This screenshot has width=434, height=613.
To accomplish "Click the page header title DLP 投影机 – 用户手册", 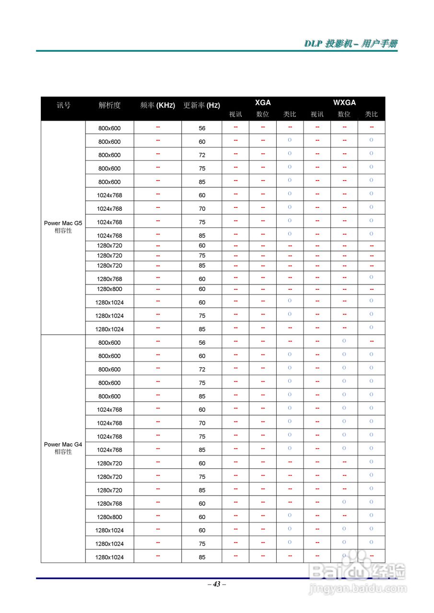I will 351,44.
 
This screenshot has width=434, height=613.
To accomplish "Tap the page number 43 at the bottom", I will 217,584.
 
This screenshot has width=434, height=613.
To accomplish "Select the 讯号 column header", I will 63,105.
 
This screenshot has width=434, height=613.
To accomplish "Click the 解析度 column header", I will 109,105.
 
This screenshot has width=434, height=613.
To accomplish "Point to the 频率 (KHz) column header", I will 157,105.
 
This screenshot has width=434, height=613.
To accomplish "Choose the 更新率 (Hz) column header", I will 201,105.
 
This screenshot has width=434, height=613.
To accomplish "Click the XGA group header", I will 263,102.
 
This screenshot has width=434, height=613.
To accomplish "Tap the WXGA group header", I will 344,102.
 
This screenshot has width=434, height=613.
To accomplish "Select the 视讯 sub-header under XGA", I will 235,114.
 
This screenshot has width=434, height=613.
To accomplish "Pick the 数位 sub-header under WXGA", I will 344,114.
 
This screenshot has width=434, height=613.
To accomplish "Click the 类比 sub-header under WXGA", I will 372,114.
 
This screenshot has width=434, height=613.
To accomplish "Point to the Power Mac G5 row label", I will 63,223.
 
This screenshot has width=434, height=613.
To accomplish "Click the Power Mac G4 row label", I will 63,444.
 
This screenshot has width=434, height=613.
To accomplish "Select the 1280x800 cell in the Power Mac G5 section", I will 109,289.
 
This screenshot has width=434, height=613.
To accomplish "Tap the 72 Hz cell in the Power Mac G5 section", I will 202,155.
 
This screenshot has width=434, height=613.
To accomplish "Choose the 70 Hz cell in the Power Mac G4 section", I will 202,423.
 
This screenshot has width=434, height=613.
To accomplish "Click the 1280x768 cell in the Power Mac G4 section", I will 109,504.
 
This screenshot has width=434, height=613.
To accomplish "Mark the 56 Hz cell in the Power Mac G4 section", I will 202,343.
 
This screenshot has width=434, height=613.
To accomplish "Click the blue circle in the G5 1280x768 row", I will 372,277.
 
